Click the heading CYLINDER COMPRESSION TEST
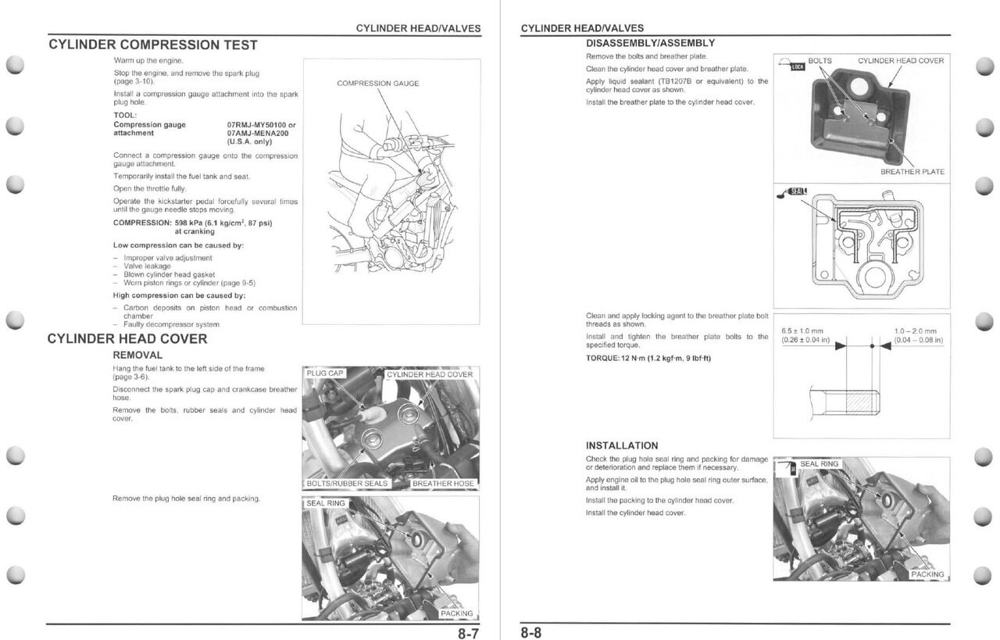click(x=152, y=45)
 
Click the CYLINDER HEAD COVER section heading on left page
click(x=127, y=339)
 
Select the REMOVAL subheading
click(x=137, y=355)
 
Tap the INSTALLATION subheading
click(x=622, y=445)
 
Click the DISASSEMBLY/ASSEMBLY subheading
click(x=650, y=43)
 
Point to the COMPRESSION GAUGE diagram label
click(x=377, y=84)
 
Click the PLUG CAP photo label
click(x=325, y=374)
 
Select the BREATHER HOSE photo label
click(x=443, y=483)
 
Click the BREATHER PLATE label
click(x=912, y=172)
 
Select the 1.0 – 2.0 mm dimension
click(x=915, y=331)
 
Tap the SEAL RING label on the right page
click(x=819, y=463)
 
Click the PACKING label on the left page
click(x=457, y=613)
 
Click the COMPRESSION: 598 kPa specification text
click(x=192, y=223)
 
